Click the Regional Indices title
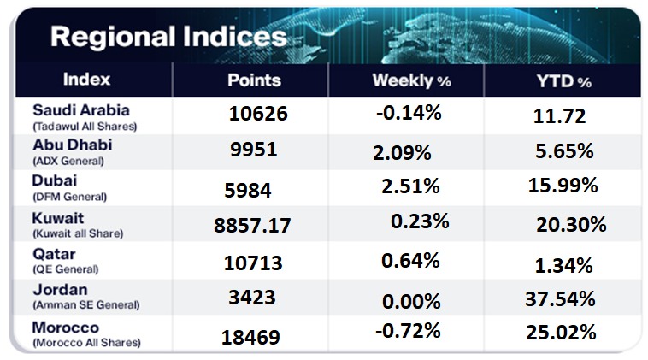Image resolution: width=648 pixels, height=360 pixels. [x=168, y=37]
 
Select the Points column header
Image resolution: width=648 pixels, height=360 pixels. [x=254, y=80]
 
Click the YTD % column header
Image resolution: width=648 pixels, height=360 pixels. [x=562, y=81]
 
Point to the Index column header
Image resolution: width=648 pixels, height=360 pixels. [x=86, y=80]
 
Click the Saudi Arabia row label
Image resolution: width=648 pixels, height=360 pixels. [x=80, y=110]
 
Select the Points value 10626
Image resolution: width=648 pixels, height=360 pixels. [x=258, y=114]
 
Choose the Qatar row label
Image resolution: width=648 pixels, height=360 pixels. [x=53, y=254]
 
